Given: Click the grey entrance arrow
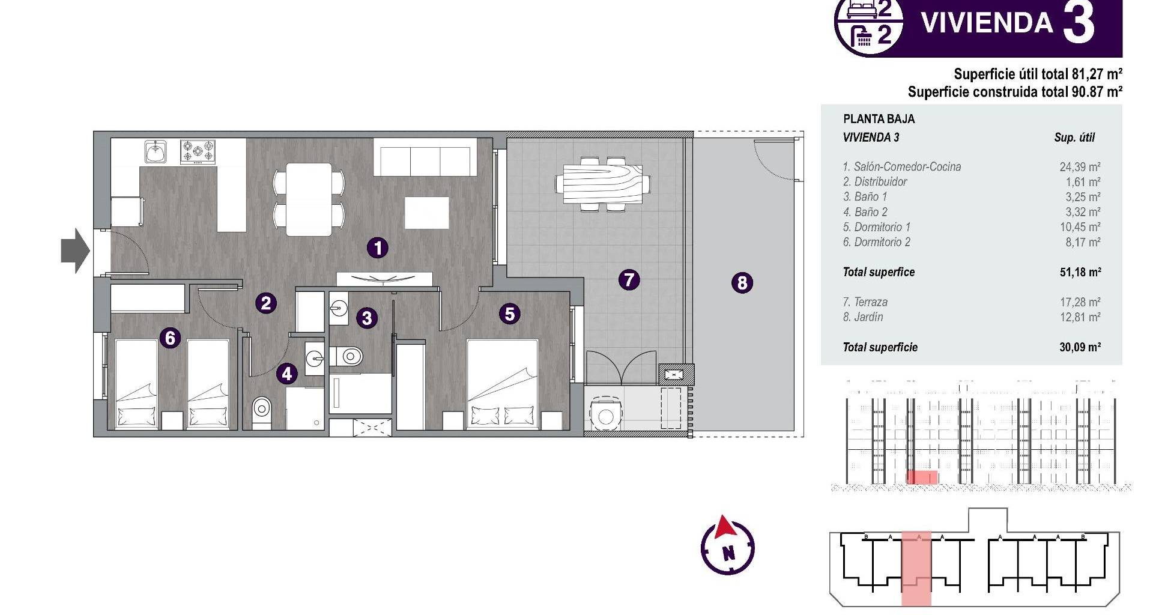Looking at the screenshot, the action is coord(76,250).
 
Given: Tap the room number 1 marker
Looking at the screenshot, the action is coord(378,247).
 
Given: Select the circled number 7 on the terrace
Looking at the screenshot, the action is coord(629,279).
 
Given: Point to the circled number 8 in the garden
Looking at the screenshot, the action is coord(742,282).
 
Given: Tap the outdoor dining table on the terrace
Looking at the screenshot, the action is coord(602,183).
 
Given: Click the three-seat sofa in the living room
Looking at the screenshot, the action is coord(425,157).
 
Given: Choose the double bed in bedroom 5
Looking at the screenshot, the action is coord(502,384).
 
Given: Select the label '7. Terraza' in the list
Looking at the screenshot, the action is coord(865,302).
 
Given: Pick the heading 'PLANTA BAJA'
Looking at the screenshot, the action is coord(879,119).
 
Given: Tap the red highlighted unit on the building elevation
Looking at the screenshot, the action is coord(922,477).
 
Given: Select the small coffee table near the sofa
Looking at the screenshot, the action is coord(427,213).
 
